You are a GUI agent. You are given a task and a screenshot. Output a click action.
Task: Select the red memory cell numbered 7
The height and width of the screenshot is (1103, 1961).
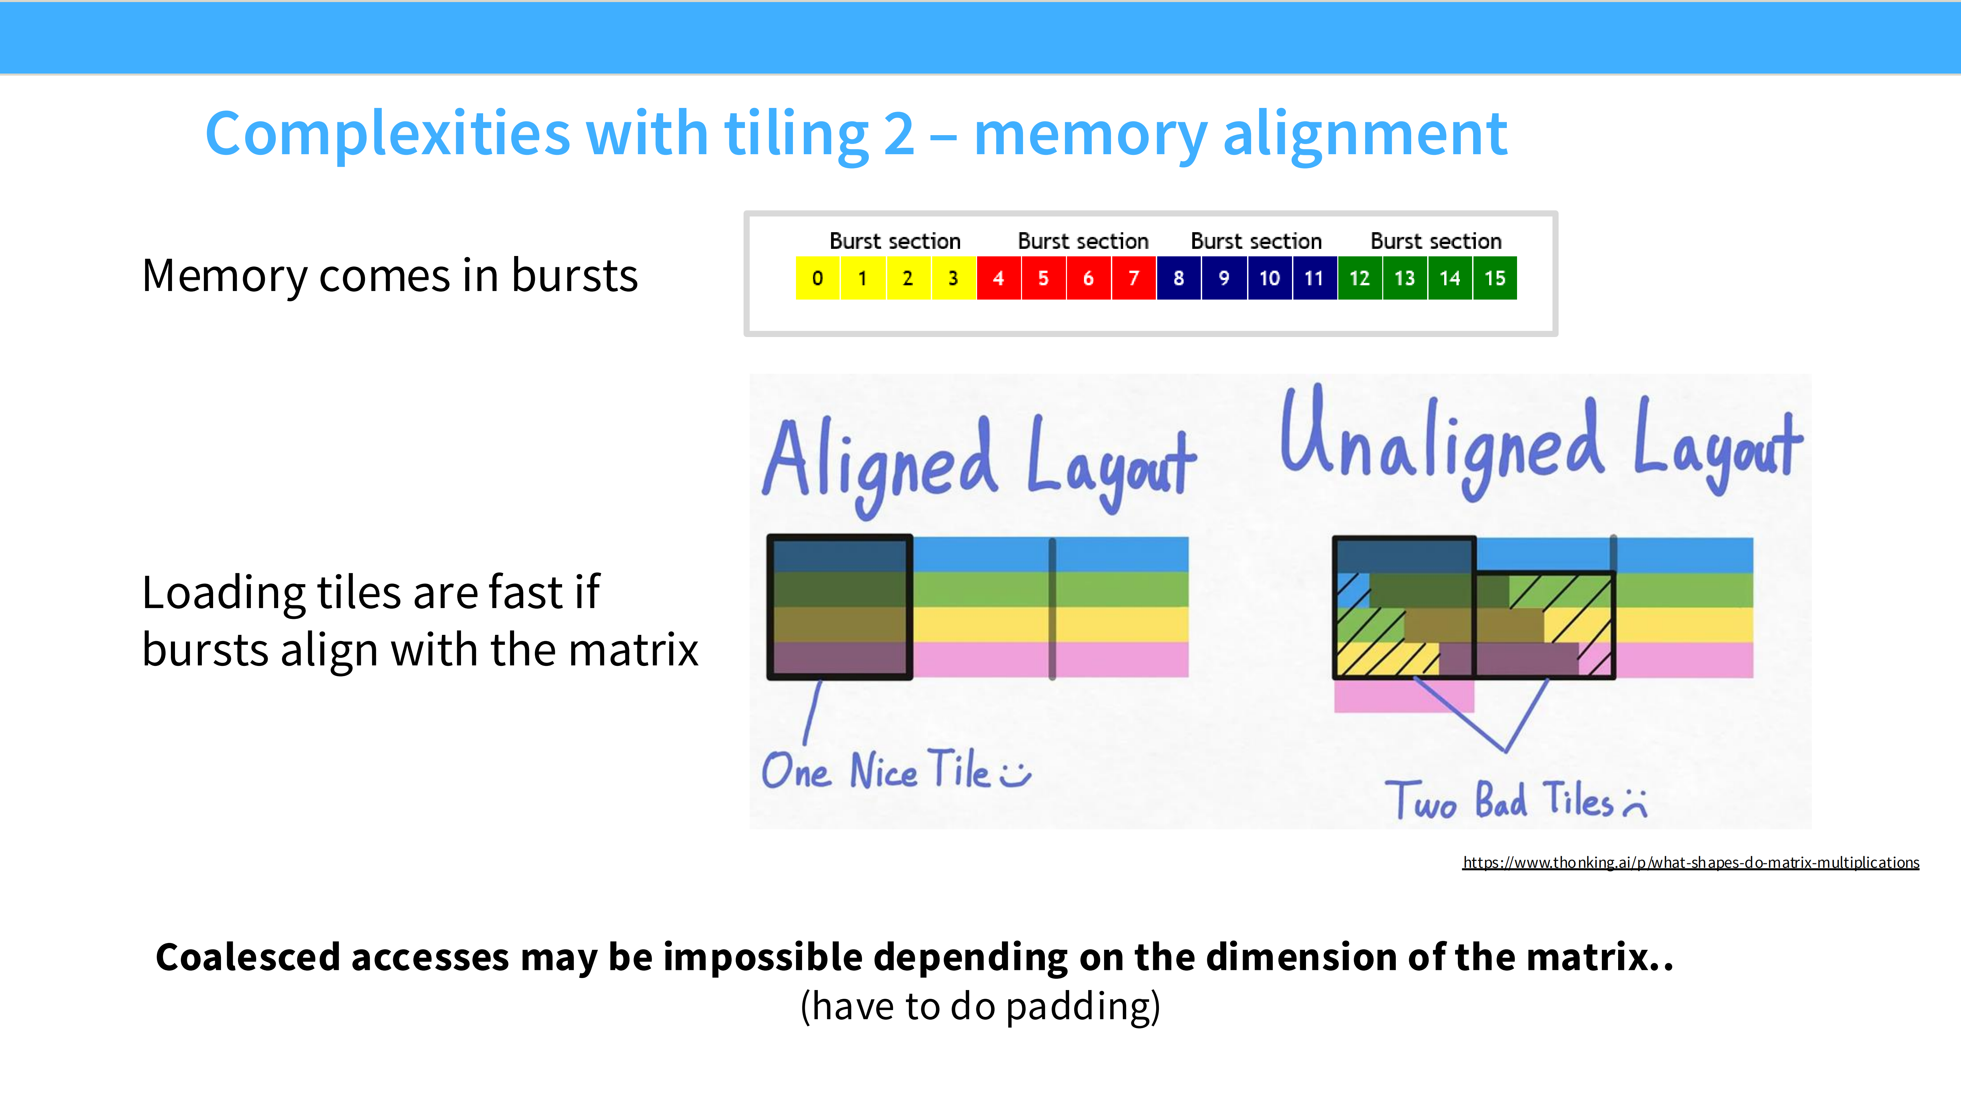coord(1133,278)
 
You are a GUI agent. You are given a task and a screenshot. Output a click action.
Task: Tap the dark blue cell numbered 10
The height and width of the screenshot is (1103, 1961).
coord(1269,278)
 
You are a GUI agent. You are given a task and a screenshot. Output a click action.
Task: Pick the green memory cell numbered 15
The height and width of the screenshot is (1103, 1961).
coord(1494,278)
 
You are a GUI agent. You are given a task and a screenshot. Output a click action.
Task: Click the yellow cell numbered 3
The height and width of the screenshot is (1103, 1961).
coord(953,278)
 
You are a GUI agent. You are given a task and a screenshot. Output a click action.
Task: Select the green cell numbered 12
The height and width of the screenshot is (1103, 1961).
coord(1360,278)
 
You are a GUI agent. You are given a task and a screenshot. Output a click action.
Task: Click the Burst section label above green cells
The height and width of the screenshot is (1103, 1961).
coord(1436,241)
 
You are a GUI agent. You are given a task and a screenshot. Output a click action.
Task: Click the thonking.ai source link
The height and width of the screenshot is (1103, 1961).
coord(1690,862)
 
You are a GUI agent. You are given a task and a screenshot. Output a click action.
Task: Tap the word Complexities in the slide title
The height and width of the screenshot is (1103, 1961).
coord(387,134)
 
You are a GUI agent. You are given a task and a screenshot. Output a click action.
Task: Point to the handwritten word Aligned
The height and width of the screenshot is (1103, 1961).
coord(879,464)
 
